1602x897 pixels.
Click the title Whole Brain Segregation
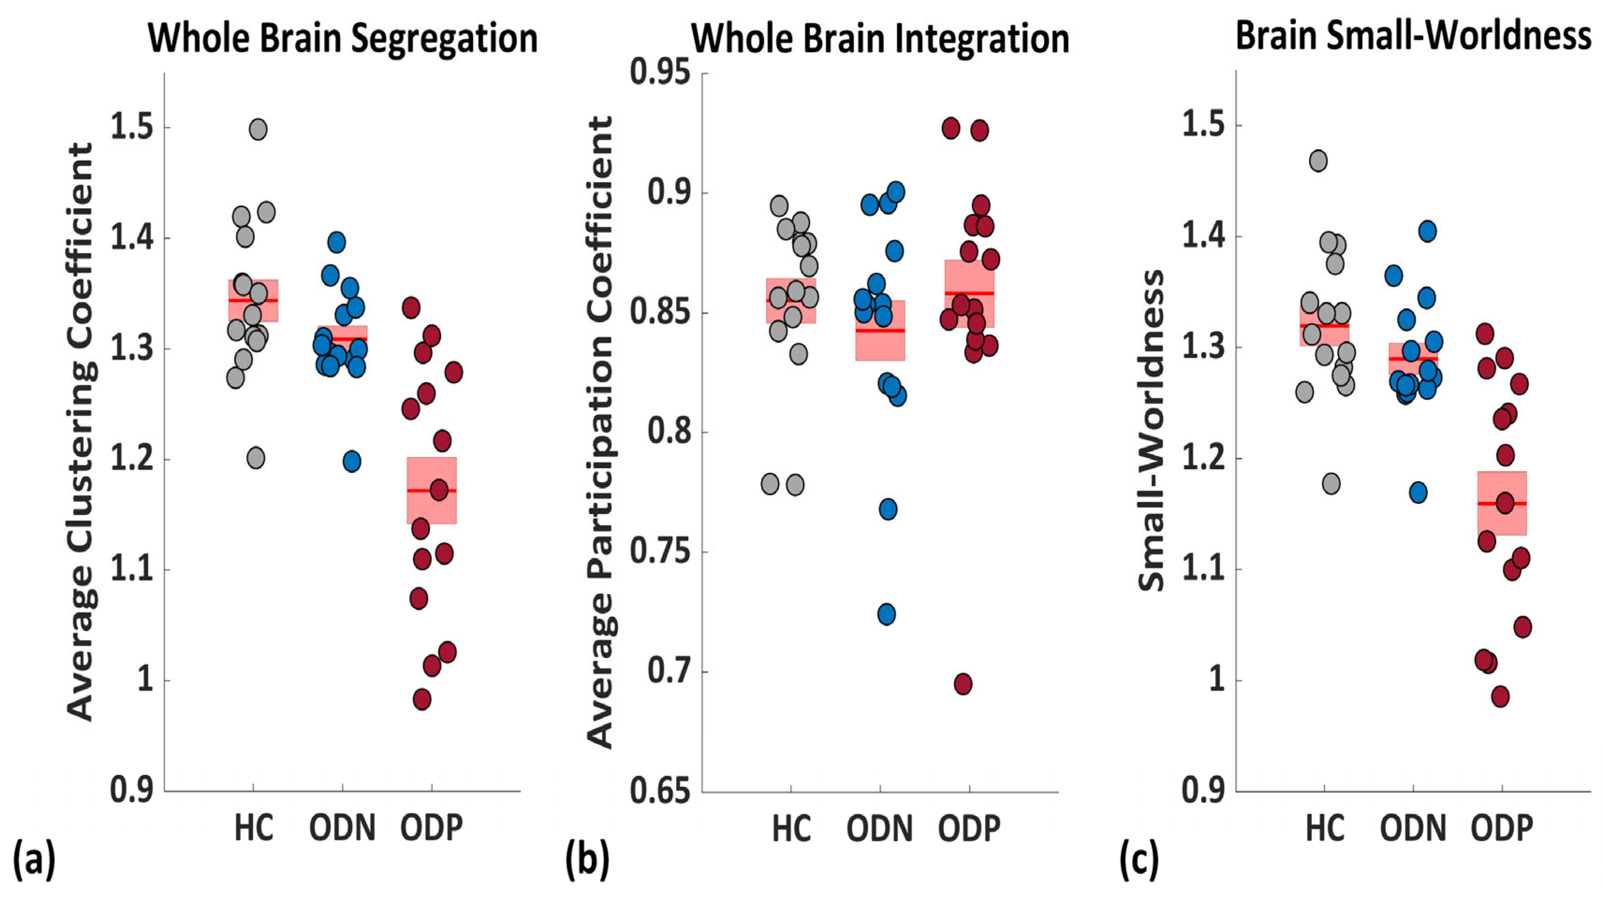(343, 38)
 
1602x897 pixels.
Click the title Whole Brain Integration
(880, 38)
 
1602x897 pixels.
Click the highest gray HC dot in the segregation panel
(258, 129)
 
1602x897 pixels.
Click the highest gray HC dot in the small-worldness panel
(1318, 161)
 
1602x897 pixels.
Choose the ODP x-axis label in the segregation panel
(432, 828)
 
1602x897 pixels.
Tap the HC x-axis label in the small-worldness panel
(1325, 828)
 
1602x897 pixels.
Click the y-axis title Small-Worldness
(1151, 429)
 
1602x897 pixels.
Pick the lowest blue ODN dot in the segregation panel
(352, 462)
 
